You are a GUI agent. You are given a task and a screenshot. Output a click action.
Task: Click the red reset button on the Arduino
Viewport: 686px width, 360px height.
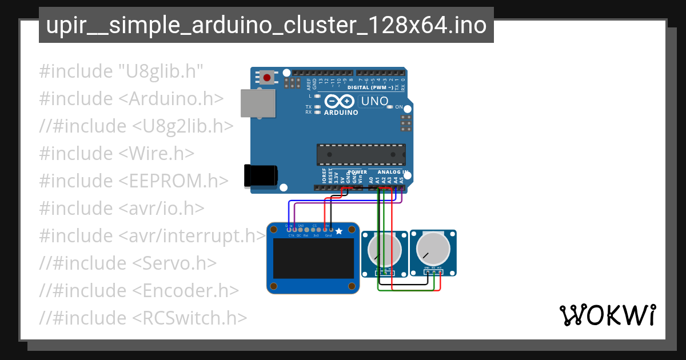(267, 77)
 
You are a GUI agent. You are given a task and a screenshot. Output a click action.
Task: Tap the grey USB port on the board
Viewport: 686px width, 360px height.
(254, 104)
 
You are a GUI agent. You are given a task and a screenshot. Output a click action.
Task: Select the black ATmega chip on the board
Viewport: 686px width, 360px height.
(361, 154)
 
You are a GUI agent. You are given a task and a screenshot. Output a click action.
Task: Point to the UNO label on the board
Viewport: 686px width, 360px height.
(375, 101)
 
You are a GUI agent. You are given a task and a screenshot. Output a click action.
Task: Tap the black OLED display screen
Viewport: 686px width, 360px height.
(312, 258)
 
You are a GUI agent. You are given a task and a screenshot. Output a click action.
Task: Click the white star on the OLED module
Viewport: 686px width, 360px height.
(339, 231)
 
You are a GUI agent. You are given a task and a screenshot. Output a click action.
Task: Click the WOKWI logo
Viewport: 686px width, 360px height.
(607, 315)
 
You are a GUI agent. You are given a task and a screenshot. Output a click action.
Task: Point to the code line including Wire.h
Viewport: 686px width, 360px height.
(117, 153)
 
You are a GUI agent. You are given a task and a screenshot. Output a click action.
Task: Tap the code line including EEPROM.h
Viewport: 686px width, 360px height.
(134, 181)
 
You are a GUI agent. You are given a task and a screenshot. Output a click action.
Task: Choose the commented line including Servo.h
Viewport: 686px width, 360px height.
(128, 263)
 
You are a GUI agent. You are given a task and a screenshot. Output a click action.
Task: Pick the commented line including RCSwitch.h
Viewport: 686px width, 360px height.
(143, 318)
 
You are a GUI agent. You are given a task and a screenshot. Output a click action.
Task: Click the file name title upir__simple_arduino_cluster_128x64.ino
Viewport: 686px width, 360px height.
(266, 25)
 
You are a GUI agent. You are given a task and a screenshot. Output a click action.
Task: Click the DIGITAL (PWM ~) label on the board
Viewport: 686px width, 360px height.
(370, 87)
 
